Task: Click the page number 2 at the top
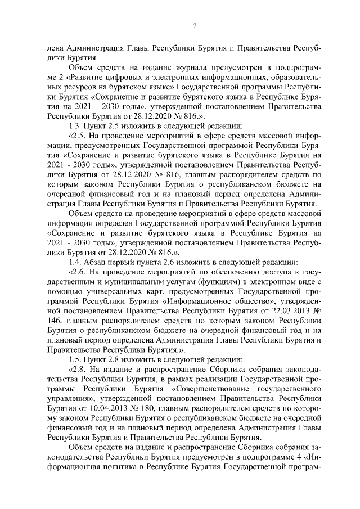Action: [195, 25]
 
